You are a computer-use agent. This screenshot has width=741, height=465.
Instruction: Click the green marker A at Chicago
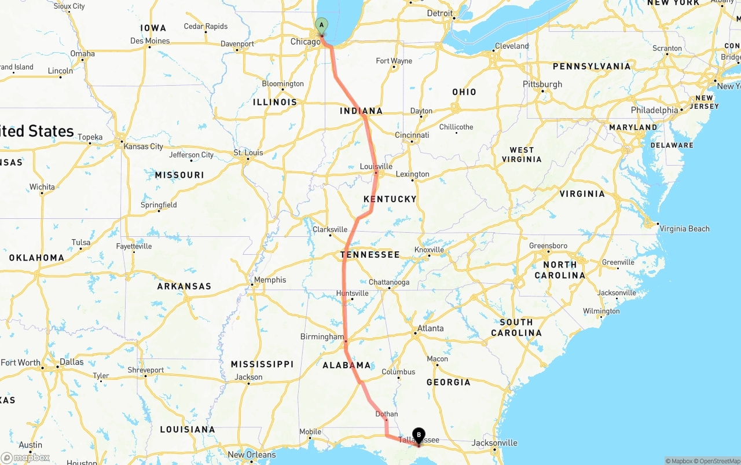(x=321, y=25)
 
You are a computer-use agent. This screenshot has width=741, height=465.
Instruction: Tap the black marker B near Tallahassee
(x=419, y=435)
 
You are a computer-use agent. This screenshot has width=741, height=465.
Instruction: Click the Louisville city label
(x=376, y=167)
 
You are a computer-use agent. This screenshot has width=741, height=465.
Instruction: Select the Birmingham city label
(x=322, y=337)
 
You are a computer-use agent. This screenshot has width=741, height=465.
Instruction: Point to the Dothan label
(x=387, y=414)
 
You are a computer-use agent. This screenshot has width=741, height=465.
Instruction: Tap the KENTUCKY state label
(x=390, y=199)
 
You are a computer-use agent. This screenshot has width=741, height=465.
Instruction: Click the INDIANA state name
(x=361, y=111)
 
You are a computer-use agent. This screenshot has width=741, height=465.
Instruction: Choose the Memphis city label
(x=270, y=280)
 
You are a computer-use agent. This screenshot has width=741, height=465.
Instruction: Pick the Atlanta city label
(x=431, y=328)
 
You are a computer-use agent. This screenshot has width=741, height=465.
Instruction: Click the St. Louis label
(x=248, y=153)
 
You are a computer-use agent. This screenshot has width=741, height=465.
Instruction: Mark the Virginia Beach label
(x=684, y=229)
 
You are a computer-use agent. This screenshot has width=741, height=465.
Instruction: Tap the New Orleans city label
(x=252, y=455)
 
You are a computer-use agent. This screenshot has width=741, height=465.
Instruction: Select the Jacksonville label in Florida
(x=494, y=443)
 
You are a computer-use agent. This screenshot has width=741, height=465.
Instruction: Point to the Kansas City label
(x=144, y=147)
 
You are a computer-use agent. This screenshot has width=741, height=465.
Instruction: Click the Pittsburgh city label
(x=542, y=84)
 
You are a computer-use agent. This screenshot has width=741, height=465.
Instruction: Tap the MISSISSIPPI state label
(x=262, y=364)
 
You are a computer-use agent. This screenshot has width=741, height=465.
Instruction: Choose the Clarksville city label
(x=330, y=229)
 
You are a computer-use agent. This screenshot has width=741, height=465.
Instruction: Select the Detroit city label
(x=440, y=13)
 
